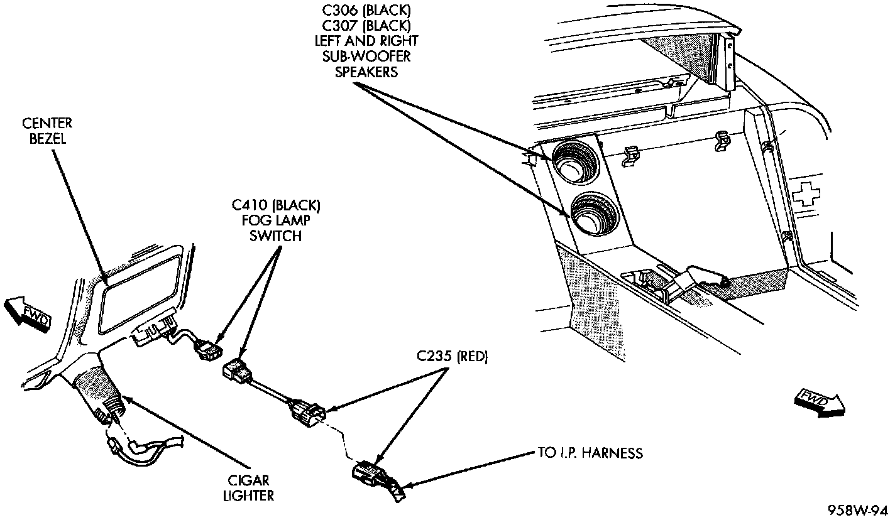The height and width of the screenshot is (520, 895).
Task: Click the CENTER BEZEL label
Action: coord(47,131)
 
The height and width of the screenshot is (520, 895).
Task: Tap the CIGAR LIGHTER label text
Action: coord(248,487)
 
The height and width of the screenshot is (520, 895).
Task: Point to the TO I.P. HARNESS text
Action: coord(590,453)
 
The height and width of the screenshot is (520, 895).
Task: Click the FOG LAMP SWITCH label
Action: coord(276,220)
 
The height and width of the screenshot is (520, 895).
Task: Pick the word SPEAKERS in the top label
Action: coord(366,71)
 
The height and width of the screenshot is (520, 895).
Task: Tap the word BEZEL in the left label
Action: coord(47,138)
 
